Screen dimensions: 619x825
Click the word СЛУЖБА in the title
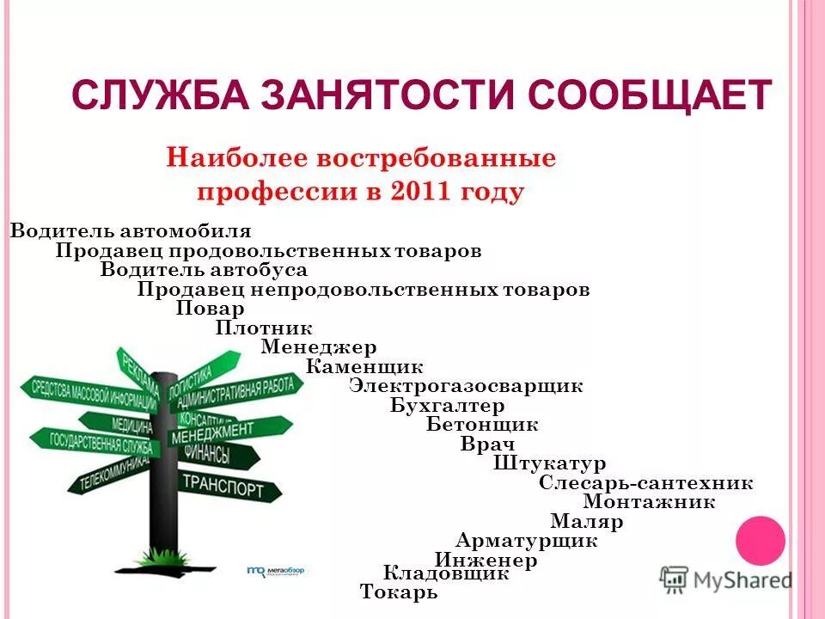158,95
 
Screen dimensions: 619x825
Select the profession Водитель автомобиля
131,231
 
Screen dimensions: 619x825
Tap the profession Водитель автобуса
204,270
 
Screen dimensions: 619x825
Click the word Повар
211,309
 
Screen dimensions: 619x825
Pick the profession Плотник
264,328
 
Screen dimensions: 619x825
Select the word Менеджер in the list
318,348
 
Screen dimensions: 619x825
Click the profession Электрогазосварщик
466,386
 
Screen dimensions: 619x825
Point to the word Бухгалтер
447,406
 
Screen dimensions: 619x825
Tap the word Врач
487,444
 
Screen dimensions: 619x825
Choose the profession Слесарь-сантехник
646,483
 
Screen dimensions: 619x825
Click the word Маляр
587,522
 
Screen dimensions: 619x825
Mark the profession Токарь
399,592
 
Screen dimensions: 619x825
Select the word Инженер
486,561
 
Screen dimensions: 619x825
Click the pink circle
761,540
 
